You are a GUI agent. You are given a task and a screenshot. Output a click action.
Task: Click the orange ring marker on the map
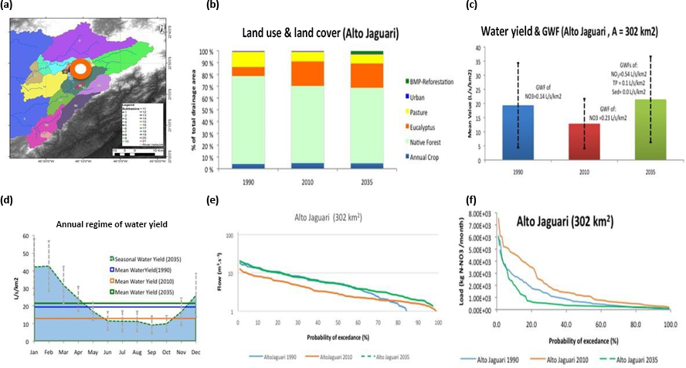click(79, 71)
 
